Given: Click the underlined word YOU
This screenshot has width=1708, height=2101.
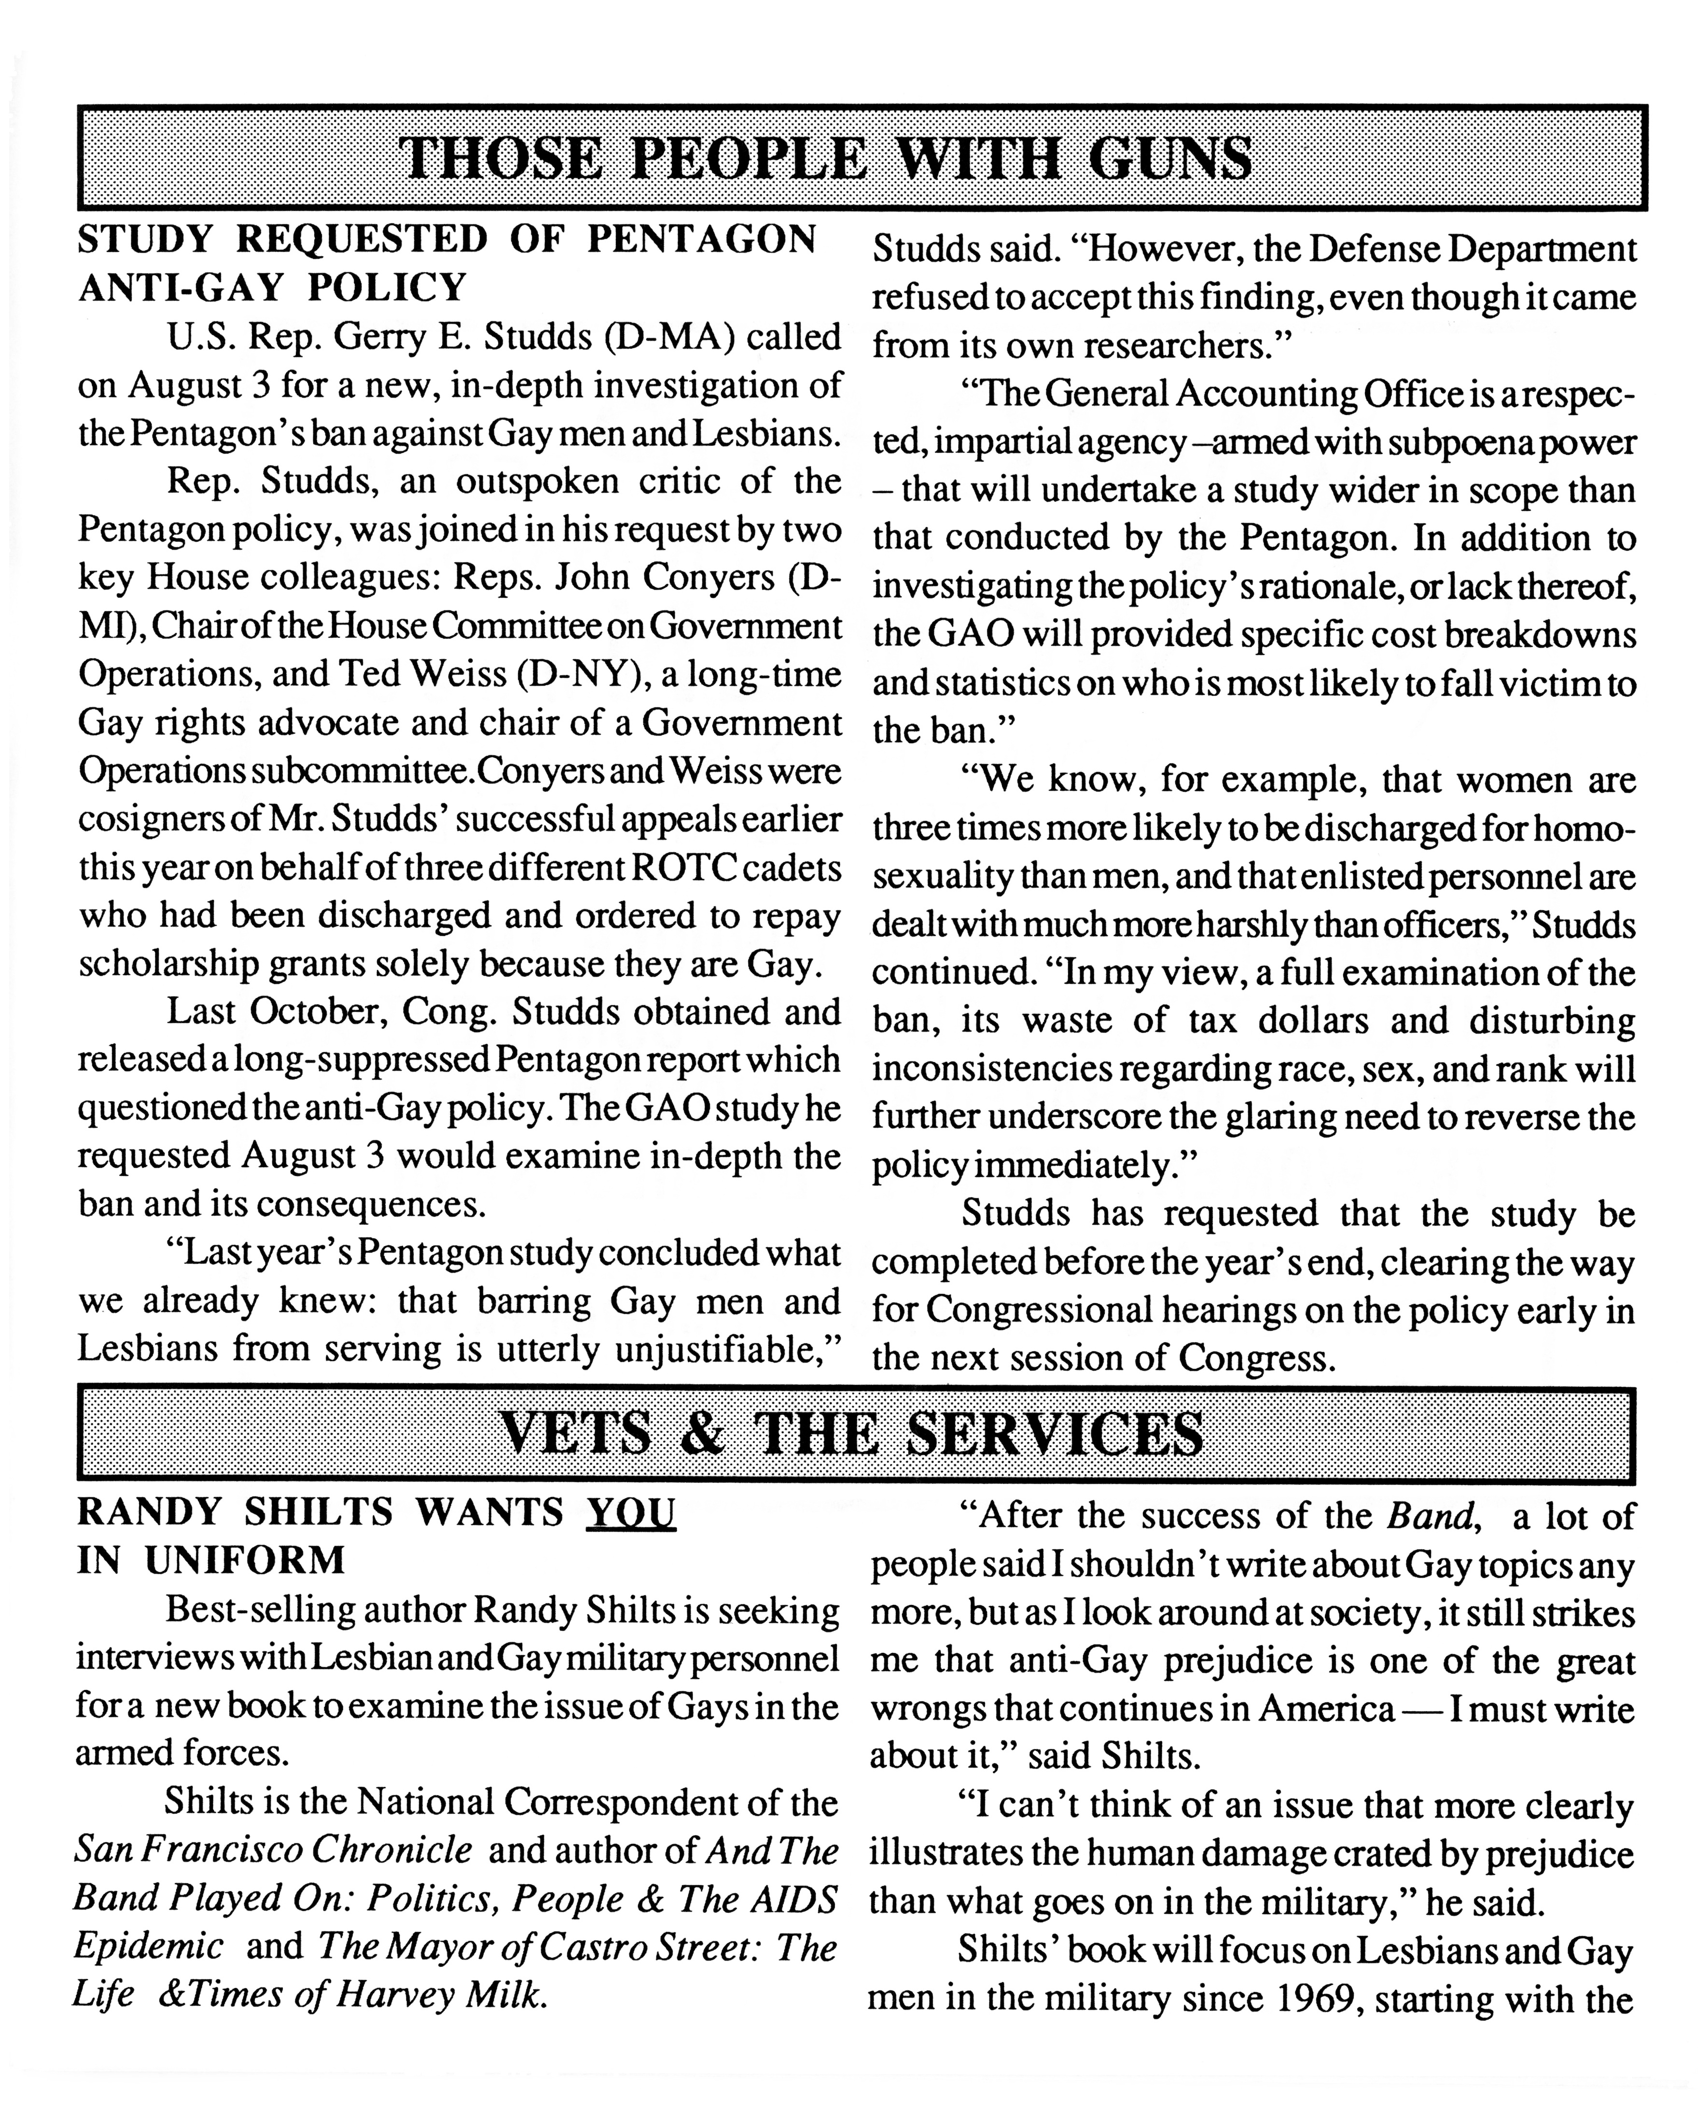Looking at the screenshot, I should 631,1512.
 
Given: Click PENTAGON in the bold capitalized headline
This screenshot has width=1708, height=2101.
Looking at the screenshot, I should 702,239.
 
